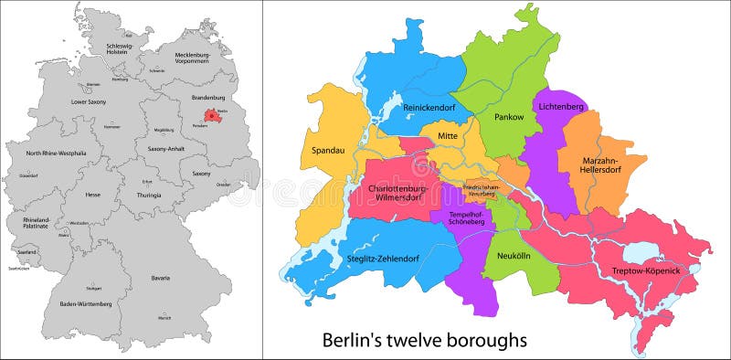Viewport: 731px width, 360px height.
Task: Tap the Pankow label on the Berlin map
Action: (x=509, y=117)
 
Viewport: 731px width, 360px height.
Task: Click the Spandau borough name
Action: (x=328, y=151)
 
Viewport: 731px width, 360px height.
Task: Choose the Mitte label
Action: (x=448, y=136)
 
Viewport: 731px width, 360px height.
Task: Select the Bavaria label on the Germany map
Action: (x=161, y=278)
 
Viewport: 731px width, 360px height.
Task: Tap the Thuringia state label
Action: (x=148, y=195)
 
